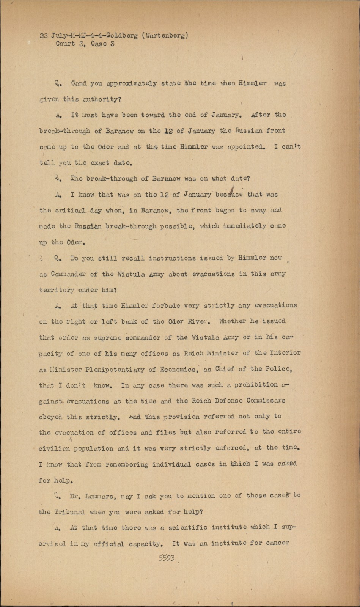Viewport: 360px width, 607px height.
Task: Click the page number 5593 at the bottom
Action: click(x=167, y=558)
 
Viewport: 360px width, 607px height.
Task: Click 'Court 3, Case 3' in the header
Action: click(x=85, y=44)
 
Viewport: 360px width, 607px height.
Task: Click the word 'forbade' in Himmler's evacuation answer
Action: click(x=163, y=305)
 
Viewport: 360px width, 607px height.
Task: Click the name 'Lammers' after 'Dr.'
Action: click(x=99, y=496)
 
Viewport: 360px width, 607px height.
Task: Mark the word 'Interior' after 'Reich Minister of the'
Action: click(x=285, y=353)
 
